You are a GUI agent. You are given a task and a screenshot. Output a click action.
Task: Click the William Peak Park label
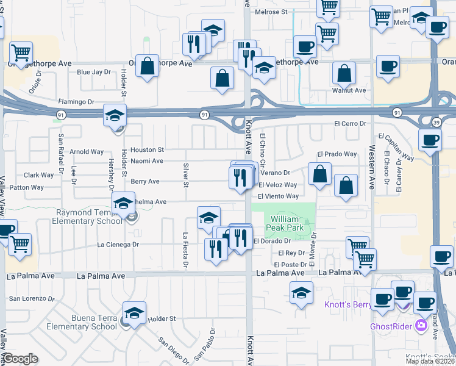(285, 223)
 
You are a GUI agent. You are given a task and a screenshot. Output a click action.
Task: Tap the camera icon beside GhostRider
(421, 325)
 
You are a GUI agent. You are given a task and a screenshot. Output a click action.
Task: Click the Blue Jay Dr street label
(93, 71)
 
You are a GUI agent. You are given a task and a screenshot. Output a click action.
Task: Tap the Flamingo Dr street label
(77, 102)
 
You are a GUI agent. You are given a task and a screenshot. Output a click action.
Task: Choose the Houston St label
(148, 149)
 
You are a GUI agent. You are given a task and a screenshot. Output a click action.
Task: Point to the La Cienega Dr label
(118, 245)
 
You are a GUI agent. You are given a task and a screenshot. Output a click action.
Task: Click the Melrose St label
(271, 12)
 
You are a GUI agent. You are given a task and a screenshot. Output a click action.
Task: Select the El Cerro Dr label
(349, 123)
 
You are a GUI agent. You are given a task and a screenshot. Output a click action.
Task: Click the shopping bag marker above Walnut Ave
(344, 73)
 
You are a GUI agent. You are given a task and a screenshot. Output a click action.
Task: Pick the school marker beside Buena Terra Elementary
(134, 314)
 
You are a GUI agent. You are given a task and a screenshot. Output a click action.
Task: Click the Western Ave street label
(371, 165)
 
